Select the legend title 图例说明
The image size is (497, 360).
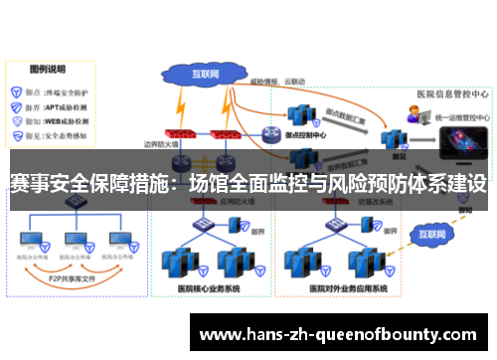pyautogui.click(x=47, y=70)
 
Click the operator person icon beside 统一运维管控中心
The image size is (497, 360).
pyautogui.click(x=412, y=116)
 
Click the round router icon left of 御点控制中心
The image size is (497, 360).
pyautogui.click(x=271, y=134)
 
